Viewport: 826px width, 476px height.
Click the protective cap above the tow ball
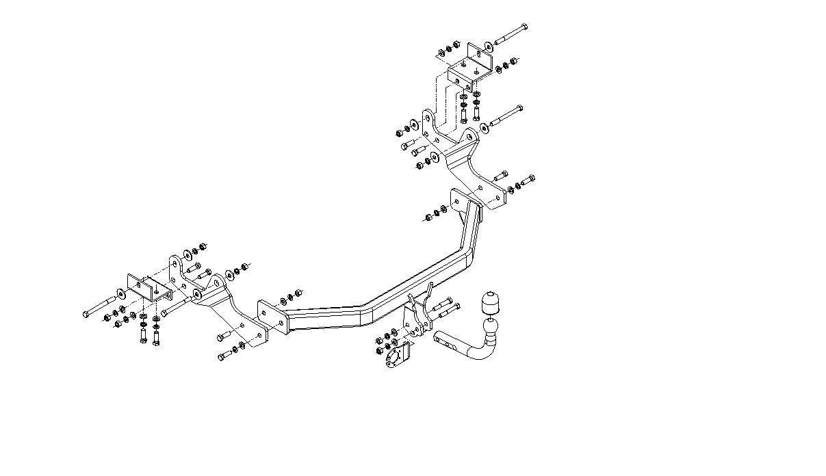point(489,302)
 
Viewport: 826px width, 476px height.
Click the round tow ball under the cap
point(491,326)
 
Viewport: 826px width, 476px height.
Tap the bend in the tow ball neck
point(483,353)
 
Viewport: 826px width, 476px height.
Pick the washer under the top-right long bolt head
point(487,45)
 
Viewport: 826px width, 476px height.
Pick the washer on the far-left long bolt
point(121,295)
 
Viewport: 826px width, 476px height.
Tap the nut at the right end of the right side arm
point(531,179)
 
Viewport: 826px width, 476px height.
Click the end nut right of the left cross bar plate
point(299,295)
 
